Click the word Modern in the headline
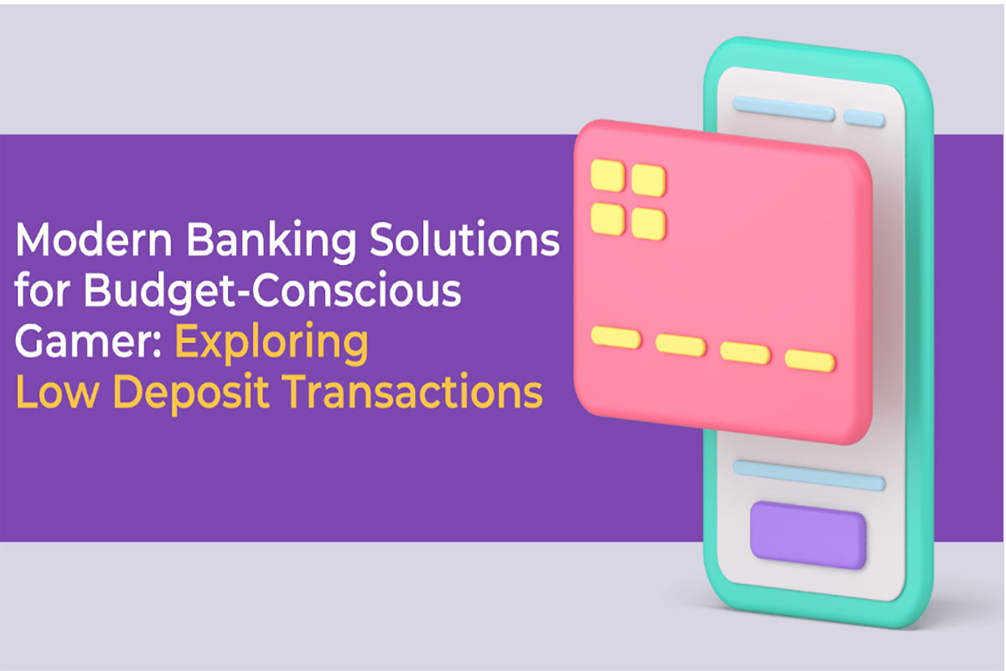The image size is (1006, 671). [94, 239]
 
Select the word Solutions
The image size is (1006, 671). [464, 239]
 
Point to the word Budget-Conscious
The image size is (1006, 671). [272, 292]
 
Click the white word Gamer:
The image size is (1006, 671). [89, 341]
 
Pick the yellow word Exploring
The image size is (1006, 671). [272, 344]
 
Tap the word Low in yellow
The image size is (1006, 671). [57, 392]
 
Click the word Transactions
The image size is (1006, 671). [413, 392]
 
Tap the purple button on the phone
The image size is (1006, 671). [808, 535]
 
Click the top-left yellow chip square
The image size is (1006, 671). [608, 175]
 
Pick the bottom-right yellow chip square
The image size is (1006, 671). [649, 224]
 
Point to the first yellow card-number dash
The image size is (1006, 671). [616, 337]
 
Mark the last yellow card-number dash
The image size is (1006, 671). [810, 361]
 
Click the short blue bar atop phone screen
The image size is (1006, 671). [864, 118]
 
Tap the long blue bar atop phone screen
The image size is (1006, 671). [784, 108]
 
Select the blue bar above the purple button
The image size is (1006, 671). [809, 476]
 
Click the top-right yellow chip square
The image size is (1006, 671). [649, 180]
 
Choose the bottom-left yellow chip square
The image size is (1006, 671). [608, 219]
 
